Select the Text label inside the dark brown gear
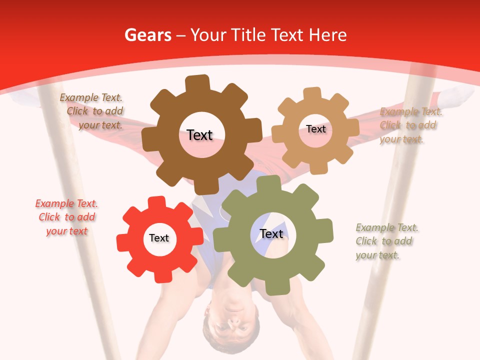click(x=199, y=135)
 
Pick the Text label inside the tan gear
click(x=315, y=129)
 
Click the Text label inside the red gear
click(x=159, y=238)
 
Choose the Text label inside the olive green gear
click(x=271, y=233)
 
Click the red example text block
click(x=66, y=217)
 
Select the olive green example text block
click(x=386, y=241)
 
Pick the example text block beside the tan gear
click(x=410, y=125)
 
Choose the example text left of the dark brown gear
click(x=92, y=111)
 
